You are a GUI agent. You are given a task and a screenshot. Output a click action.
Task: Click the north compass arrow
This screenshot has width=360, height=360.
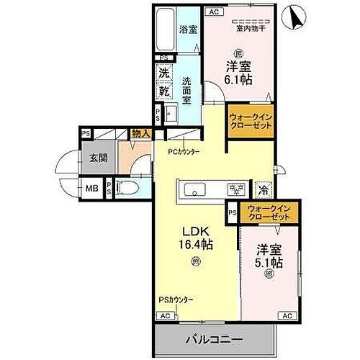tap(294, 16)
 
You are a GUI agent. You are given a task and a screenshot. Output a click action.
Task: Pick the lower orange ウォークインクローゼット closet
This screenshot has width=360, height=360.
tap(267, 212)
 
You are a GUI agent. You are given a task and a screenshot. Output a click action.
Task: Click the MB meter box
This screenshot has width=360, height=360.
tap(91, 189)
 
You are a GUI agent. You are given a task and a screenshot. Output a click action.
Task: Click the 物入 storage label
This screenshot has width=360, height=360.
tap(140, 133)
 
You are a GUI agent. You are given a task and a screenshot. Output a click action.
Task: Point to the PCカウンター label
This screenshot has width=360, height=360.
tap(184, 151)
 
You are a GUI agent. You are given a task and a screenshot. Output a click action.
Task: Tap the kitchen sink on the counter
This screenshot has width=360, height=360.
tap(195, 190)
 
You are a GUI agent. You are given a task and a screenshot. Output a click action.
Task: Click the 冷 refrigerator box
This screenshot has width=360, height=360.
tap(263, 191)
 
